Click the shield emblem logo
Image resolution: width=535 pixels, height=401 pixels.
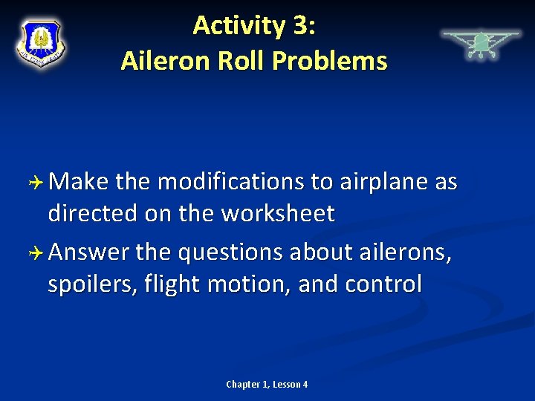pos(41,42)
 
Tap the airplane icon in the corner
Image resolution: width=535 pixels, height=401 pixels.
pos(481,44)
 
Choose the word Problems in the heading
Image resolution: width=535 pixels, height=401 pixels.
pos(330,60)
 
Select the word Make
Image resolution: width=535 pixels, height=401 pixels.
pos(82,182)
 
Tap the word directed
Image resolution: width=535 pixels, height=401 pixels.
pos(92,213)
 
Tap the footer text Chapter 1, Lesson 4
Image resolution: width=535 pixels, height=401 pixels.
pos(267,384)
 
